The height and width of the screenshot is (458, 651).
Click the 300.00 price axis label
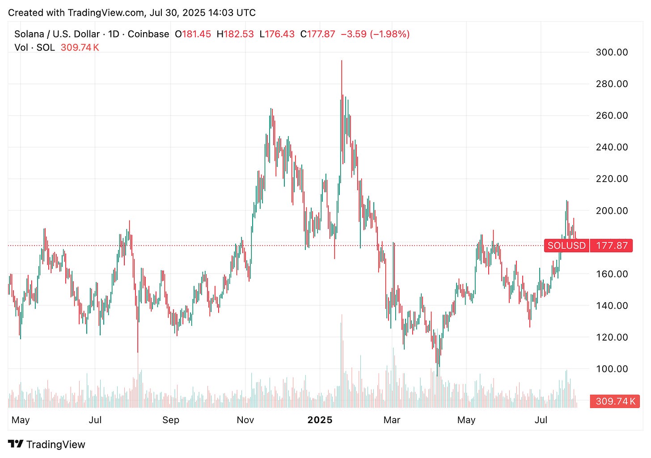pyautogui.click(x=612, y=52)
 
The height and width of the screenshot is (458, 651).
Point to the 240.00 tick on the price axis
pyautogui.click(x=612, y=147)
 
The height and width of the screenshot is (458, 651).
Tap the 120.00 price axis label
pyautogui.click(x=612, y=337)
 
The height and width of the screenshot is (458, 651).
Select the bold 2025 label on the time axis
pyautogui.click(x=320, y=420)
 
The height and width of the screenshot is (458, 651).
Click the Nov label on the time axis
pyautogui.click(x=245, y=420)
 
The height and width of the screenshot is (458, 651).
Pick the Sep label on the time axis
pyautogui.click(x=171, y=420)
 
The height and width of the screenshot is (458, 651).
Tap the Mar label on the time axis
pyautogui.click(x=392, y=420)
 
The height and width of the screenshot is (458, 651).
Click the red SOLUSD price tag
pyautogui.click(x=566, y=246)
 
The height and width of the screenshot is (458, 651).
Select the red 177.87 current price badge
pyautogui.click(x=612, y=246)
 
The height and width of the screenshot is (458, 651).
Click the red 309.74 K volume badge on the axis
pyautogui.click(x=615, y=401)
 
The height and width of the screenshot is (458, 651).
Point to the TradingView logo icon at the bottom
pyautogui.click(x=16, y=444)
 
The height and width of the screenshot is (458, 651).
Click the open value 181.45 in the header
pyautogui.click(x=196, y=34)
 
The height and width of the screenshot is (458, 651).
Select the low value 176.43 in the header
pyautogui.click(x=279, y=34)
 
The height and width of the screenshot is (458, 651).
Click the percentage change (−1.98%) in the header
pyautogui.click(x=390, y=34)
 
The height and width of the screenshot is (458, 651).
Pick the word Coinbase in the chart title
pyautogui.click(x=148, y=34)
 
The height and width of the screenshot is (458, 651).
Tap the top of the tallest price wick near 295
pyautogui.click(x=342, y=61)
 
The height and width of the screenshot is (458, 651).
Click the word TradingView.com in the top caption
pyautogui.click(x=106, y=12)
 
